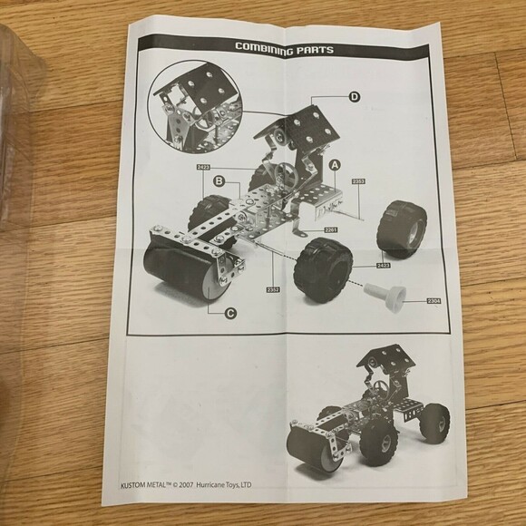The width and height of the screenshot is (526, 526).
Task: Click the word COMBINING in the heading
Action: (x=267, y=45)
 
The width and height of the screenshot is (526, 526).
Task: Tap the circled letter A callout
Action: (x=335, y=165)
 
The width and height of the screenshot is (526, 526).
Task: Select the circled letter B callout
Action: (x=219, y=182)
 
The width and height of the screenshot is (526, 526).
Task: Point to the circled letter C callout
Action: (x=231, y=313)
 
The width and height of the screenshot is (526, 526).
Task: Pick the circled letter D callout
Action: (x=354, y=96)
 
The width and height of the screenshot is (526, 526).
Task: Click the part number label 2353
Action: (x=358, y=181)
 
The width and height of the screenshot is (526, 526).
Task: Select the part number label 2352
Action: (x=272, y=289)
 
